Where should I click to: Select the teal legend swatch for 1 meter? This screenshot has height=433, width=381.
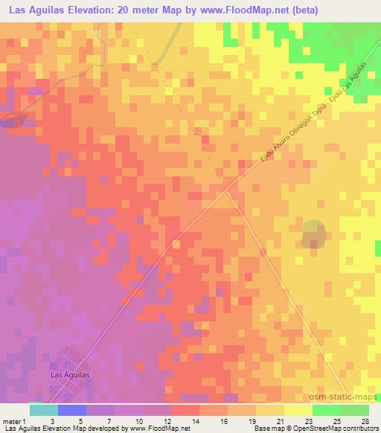click(43, 410)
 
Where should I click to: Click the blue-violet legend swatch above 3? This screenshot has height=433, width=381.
click(71, 410)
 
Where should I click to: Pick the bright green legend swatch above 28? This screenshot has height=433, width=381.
click(355, 410)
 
